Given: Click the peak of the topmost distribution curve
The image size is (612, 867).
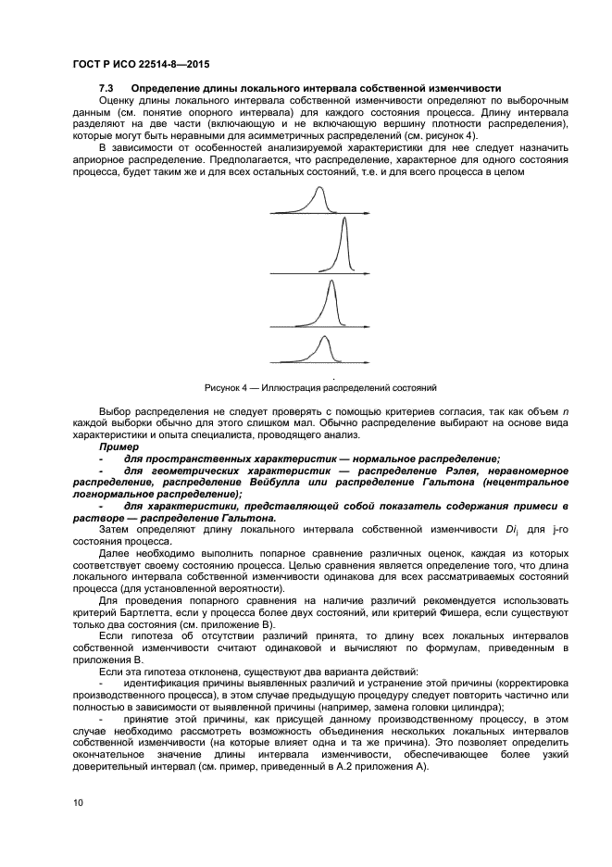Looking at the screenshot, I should point(320,189).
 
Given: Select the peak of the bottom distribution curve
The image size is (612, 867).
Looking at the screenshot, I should point(323,339).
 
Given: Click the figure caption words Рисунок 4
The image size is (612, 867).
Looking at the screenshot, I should point(225,385).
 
